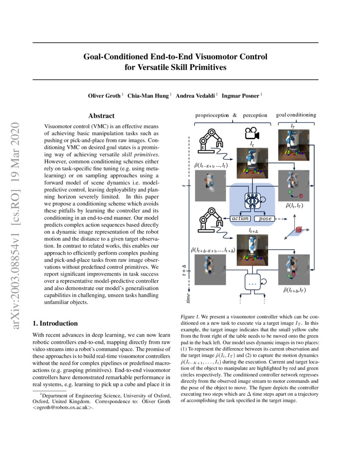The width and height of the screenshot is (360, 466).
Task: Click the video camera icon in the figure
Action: tap(252, 133)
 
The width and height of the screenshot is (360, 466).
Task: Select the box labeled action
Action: tap(240, 219)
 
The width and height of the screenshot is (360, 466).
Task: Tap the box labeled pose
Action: tap(265, 219)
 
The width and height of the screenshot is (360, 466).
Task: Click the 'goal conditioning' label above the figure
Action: tap(296, 115)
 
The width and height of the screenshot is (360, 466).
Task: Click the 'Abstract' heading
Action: tap(101, 116)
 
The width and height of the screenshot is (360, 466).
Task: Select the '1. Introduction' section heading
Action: tap(55, 324)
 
